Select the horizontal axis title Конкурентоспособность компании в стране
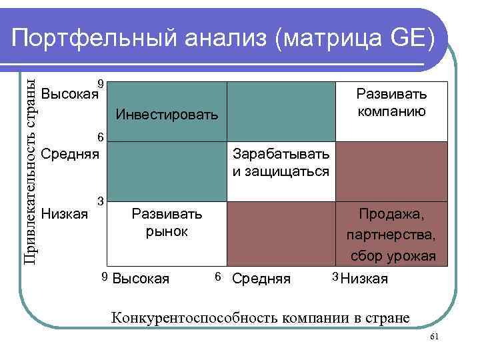click(x=261, y=317)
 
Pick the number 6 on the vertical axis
click(x=100, y=137)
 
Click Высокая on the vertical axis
click(x=69, y=93)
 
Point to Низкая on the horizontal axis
click(x=364, y=279)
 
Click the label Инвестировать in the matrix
click(x=167, y=115)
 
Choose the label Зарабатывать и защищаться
click(x=281, y=163)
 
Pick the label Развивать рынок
click(x=167, y=223)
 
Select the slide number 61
click(x=433, y=338)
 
